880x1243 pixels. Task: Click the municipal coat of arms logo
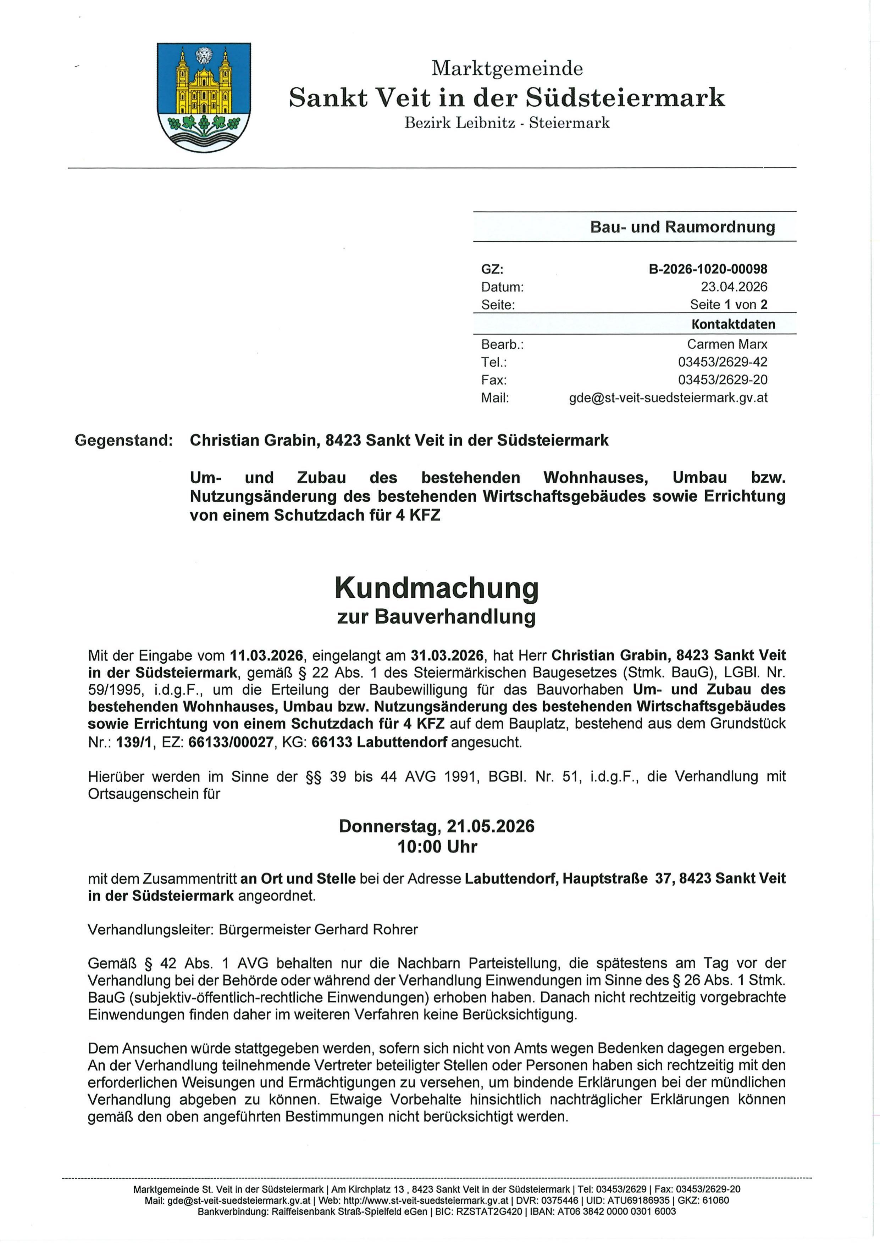click(204, 97)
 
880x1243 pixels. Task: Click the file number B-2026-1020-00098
click(708, 269)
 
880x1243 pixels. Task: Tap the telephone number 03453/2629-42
click(722, 362)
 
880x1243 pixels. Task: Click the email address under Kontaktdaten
click(668, 398)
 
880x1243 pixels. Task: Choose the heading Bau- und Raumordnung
click(682, 227)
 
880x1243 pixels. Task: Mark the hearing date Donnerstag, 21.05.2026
click(436, 826)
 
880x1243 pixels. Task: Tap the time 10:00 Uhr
click(437, 846)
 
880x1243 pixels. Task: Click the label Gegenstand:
click(123, 440)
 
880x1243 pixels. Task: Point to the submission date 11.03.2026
click(266, 656)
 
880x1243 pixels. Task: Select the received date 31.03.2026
click(447, 656)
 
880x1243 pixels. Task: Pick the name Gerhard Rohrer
click(366, 929)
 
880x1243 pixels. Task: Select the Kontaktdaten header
click(733, 324)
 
